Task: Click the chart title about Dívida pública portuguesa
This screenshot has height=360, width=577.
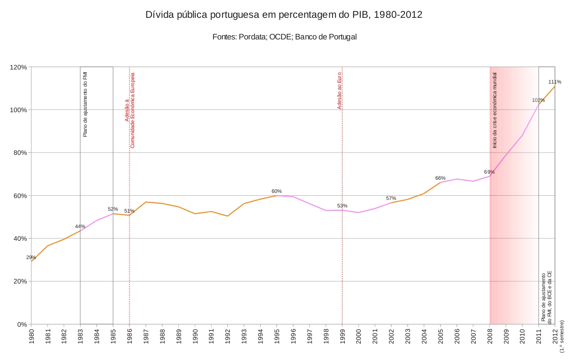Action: point(284,15)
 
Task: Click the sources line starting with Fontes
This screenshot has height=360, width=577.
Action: point(284,37)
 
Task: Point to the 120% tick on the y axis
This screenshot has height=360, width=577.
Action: point(18,67)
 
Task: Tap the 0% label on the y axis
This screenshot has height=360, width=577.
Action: point(22,324)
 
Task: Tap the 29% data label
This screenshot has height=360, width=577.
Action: point(31,257)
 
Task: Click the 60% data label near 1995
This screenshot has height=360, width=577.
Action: point(277,191)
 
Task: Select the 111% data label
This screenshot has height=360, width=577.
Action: point(555,82)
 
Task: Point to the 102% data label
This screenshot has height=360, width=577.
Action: point(538,100)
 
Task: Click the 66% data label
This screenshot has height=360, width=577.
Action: point(440,178)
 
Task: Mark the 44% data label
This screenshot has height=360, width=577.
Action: point(80,226)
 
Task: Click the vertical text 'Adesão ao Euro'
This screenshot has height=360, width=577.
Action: point(340,91)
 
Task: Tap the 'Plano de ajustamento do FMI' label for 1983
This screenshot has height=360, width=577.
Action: point(85,104)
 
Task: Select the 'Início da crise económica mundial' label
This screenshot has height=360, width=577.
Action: point(494,110)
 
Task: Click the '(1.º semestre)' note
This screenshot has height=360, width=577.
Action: point(562,336)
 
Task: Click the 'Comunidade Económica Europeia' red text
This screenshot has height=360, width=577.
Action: point(132,110)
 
